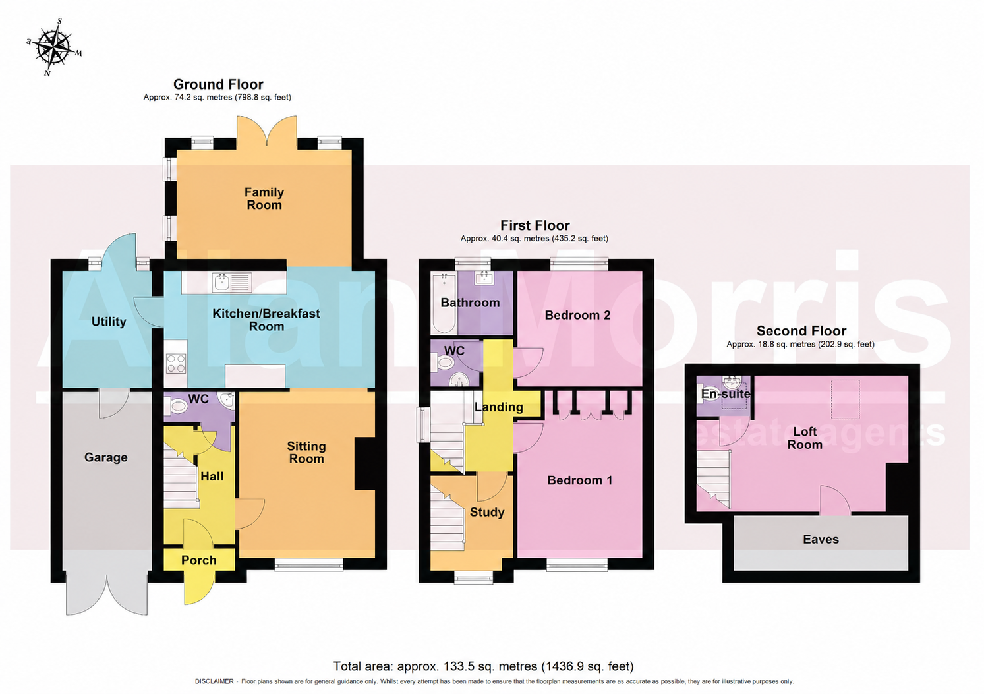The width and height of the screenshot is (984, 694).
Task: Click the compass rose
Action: tap(55, 47)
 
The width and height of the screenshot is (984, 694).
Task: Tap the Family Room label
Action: tap(264, 198)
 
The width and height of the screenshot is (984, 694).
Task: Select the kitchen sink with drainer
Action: tap(232, 282)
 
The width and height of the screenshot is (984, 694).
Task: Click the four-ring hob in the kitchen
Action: tap(176, 364)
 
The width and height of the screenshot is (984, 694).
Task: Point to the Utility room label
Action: tap(109, 322)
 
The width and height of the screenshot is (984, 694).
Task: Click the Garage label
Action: tap(106, 457)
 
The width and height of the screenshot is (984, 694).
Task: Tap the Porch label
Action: tap(199, 560)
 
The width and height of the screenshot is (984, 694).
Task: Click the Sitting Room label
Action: tap(306, 452)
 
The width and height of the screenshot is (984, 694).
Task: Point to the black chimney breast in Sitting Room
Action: tap(364, 463)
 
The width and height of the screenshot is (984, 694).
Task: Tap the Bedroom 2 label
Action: tap(577, 315)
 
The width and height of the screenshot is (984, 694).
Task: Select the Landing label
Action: tap(498, 407)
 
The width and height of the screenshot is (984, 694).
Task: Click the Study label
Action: tap(487, 512)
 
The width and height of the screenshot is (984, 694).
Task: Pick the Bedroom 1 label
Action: tap(579, 480)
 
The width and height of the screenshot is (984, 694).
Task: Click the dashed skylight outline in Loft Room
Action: tap(845, 399)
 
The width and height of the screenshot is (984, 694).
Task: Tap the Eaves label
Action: tap(821, 539)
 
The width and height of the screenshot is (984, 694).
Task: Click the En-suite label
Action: tap(725, 394)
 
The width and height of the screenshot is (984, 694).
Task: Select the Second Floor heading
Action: tap(801, 331)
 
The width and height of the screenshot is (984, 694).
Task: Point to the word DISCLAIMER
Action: tap(214, 681)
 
